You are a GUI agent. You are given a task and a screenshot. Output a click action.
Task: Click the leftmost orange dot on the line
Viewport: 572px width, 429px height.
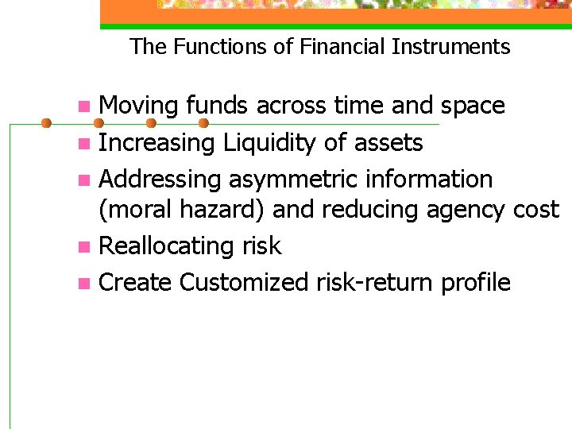pyautogui.click(x=46, y=123)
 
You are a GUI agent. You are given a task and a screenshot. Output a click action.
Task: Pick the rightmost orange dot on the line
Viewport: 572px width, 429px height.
pyautogui.click(x=203, y=123)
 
